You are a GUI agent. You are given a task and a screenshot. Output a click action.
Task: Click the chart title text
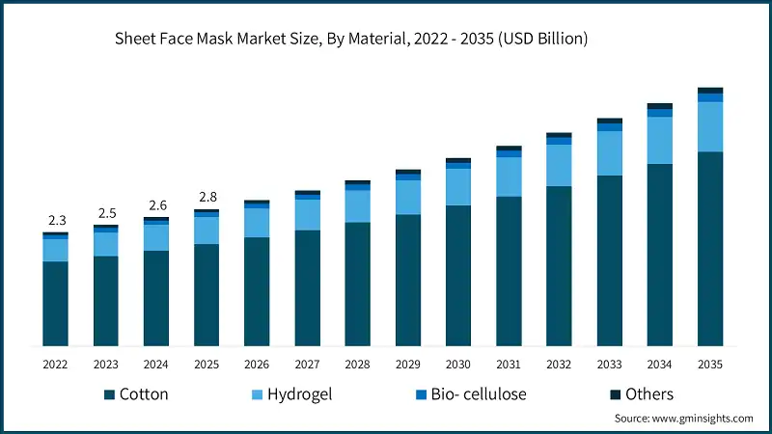pos(351,40)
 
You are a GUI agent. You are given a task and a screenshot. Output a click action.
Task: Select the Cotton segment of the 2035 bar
pos(710,249)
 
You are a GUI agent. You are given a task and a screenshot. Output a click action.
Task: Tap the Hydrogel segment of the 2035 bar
pos(710,126)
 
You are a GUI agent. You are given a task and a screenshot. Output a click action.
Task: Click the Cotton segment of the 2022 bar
pos(56,303)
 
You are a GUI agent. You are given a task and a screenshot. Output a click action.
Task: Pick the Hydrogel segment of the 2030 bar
pos(458,186)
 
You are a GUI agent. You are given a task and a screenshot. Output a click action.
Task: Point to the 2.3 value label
pos(56,220)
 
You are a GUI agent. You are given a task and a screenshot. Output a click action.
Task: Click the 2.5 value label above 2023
pos(106,213)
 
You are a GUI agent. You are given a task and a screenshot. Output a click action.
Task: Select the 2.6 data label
pos(156,205)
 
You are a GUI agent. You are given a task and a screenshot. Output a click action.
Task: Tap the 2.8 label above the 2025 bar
pos(207,198)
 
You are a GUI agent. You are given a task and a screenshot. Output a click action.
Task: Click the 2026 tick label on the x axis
pos(257,365)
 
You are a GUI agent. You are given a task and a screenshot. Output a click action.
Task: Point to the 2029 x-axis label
pos(408,365)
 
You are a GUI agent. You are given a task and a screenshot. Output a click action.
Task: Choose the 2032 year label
pos(559,365)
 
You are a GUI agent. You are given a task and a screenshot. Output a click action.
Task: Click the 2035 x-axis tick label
pos(710,365)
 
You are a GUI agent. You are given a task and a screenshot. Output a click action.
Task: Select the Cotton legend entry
pos(135,394)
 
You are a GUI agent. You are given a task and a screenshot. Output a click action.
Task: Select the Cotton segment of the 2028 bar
pos(358,285)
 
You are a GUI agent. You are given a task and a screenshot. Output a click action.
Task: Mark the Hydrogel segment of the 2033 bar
pos(610,153)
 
